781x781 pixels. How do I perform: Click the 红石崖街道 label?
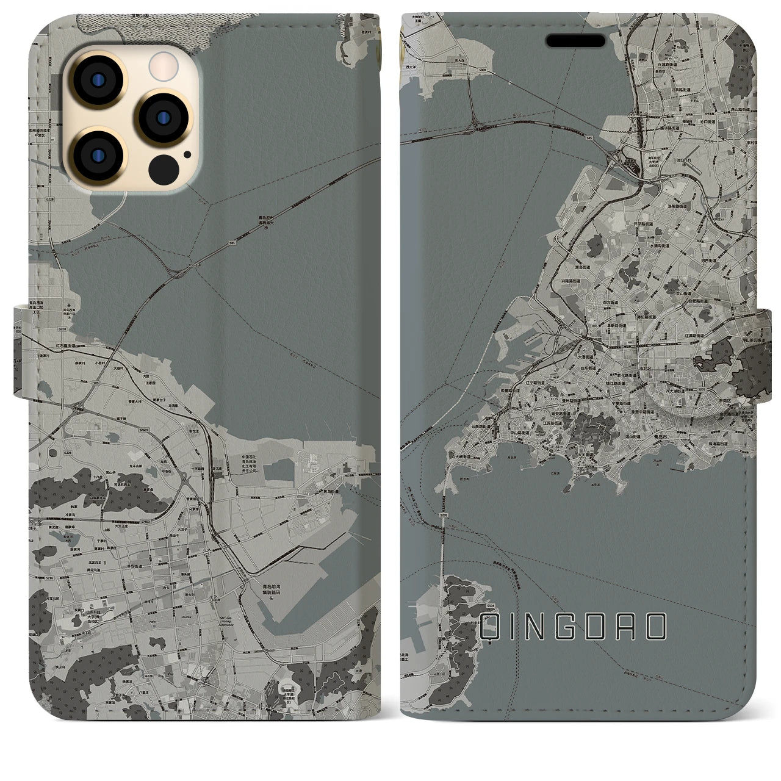pyautogui.click(x=63, y=345)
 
